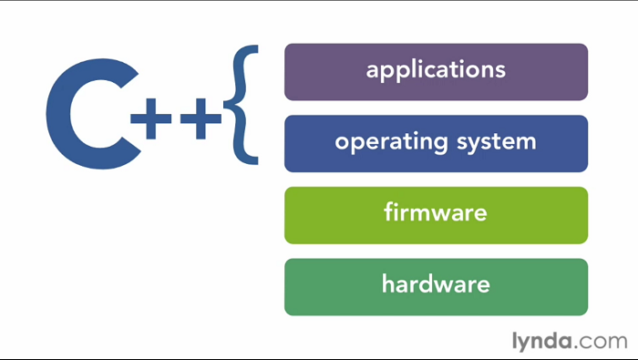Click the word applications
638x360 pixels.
coord(436,70)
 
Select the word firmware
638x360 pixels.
coord(436,214)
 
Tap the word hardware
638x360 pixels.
coord(436,284)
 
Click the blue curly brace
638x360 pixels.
coord(243,105)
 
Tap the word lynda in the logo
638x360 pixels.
coord(539,342)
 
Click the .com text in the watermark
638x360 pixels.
coord(602,343)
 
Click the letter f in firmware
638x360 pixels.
coord(387,213)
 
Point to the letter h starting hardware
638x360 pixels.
coord(387,283)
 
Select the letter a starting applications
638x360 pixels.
coord(373,70)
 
